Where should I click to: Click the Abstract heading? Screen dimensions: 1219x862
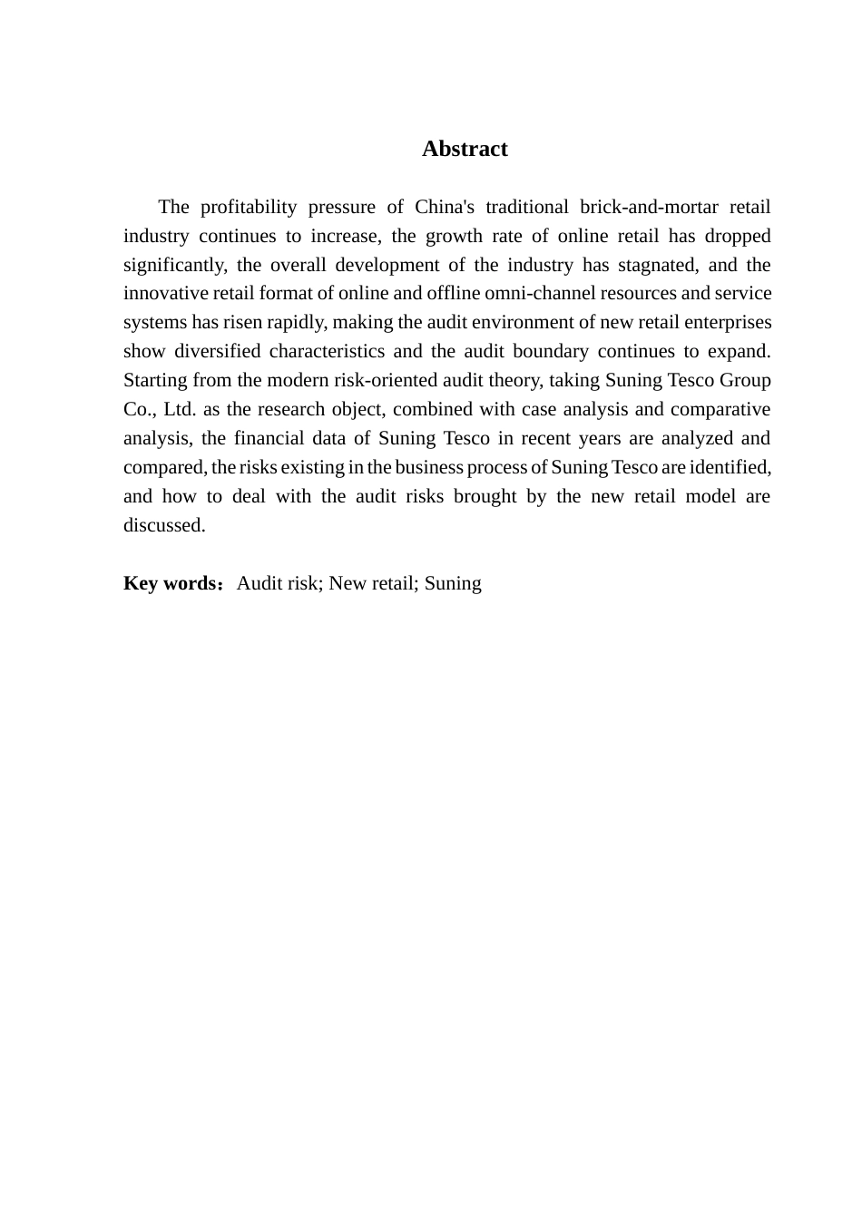pos(465,149)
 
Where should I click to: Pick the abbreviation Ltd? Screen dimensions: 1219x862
pos(180,409)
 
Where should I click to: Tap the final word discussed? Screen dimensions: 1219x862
pos(164,525)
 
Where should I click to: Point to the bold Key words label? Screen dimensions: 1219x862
pos(168,583)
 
